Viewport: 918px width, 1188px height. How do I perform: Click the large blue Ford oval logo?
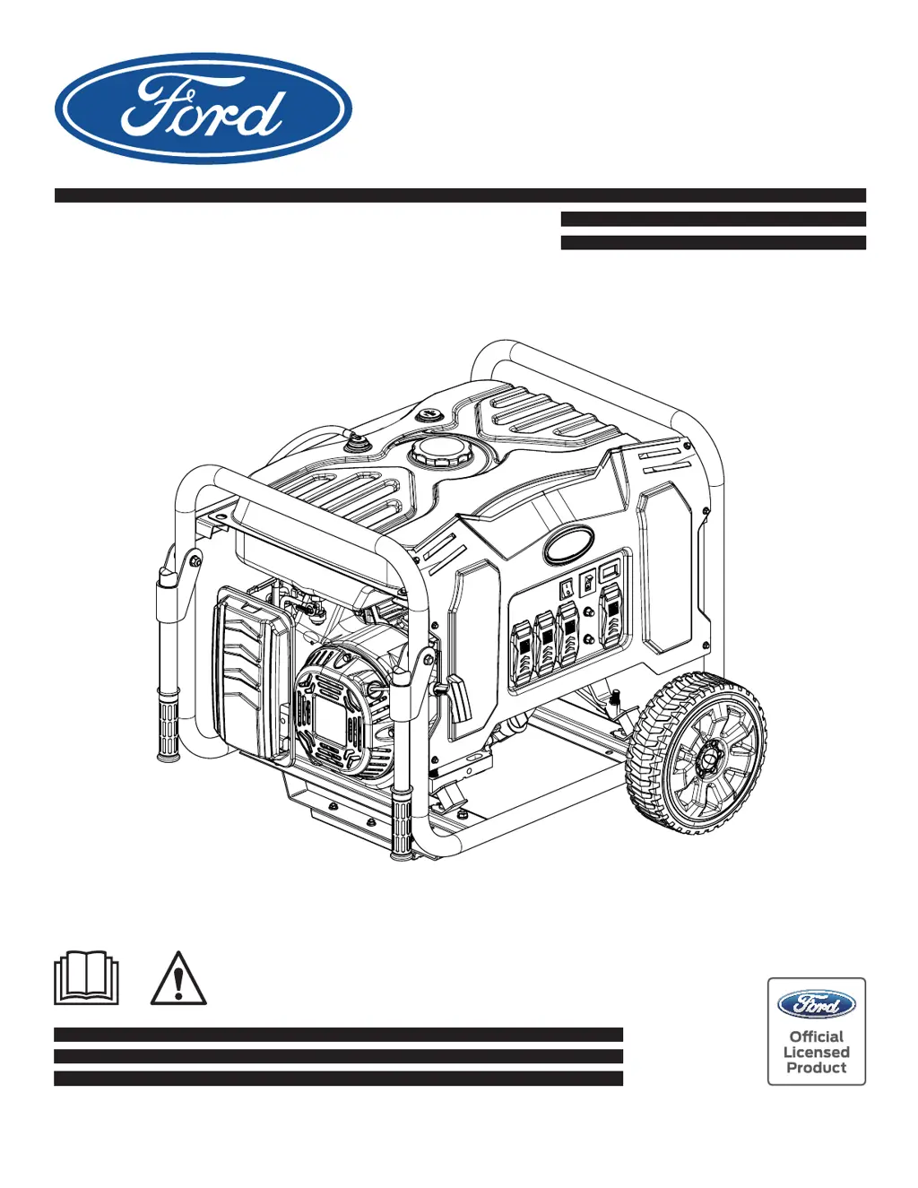point(203,108)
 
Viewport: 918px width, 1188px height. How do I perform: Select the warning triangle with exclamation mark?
point(178,979)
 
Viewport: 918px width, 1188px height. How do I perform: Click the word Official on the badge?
point(816,1036)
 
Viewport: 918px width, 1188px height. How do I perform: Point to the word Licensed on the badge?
point(816,1053)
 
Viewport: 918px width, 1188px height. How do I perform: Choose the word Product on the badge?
point(816,1068)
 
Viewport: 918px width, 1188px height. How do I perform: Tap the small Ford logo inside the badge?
point(816,1005)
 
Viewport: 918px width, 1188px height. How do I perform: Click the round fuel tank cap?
point(441,451)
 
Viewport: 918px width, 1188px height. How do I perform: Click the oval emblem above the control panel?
point(568,542)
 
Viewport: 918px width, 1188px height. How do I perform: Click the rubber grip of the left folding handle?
point(168,721)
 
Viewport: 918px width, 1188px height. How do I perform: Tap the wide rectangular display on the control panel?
point(610,568)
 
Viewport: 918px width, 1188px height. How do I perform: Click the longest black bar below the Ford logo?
point(460,195)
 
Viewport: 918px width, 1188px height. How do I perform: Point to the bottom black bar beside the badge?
point(338,1079)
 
